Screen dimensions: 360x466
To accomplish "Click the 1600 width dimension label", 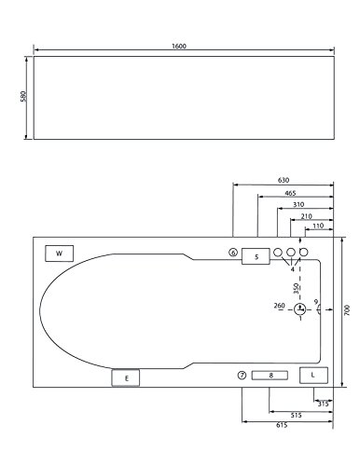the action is tap(179, 47).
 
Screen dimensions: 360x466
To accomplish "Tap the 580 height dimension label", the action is tap(23, 96).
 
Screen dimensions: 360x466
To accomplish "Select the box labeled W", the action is tap(60, 254).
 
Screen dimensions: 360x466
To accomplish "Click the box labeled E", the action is tap(126, 377).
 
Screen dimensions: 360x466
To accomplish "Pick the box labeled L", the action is tap(313, 375).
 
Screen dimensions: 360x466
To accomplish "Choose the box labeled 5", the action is tap(256, 256).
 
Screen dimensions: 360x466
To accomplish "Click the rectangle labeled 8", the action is tap(270, 376).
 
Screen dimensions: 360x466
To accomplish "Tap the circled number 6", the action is tap(233, 253).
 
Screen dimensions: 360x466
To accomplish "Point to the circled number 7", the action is tap(242, 376).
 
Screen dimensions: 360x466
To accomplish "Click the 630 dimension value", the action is tap(284, 180).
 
